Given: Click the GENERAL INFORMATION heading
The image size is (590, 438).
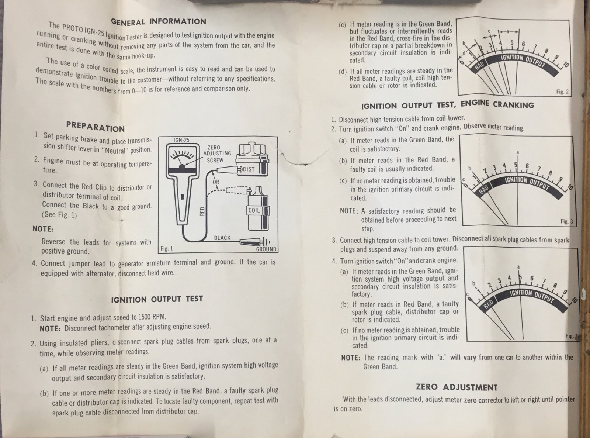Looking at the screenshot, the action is click(159, 21).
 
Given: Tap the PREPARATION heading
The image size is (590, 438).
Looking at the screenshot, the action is click(96, 127).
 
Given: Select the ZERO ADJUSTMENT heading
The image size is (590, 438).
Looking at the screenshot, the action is click(457, 387).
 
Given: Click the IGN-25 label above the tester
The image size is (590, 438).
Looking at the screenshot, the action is click(181, 140).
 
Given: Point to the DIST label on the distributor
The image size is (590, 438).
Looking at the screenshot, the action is click(249, 169).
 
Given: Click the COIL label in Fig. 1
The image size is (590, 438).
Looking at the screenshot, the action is click(254, 210).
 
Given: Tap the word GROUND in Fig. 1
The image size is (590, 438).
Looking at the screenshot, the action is click(266, 249).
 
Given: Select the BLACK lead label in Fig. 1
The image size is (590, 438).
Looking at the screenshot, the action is click(222, 238).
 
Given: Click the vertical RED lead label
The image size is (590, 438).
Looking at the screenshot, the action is click(202, 211).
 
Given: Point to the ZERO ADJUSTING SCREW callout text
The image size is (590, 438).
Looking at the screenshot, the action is click(217, 154).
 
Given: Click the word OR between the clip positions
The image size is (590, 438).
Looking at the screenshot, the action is click(216, 182).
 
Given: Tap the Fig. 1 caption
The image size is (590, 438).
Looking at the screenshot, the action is click(167, 249).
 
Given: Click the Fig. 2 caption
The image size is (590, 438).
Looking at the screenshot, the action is click(562, 92).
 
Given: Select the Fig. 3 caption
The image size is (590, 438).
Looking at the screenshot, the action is click(567, 221).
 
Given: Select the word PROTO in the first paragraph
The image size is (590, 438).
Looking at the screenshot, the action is click(72, 28).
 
